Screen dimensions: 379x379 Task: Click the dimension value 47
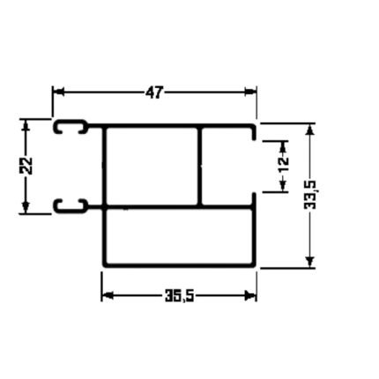pyautogui.click(x=153, y=93)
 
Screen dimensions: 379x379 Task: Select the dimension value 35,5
pyautogui.click(x=180, y=295)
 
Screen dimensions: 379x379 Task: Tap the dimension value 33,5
pyautogui.click(x=310, y=195)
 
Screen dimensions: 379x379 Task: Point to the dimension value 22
pyautogui.click(x=26, y=166)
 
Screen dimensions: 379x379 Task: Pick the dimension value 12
pyautogui.click(x=284, y=165)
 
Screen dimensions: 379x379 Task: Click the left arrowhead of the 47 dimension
pyautogui.click(x=59, y=92)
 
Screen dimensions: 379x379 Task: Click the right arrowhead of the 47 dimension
pyautogui.click(x=250, y=92)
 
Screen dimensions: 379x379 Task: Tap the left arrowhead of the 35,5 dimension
pyautogui.click(x=108, y=295)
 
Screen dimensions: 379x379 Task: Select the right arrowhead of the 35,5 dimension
pyautogui.click(x=250, y=295)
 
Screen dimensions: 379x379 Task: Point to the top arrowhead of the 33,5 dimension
pyautogui.click(x=310, y=130)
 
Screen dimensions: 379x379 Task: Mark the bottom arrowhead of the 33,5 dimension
pyautogui.click(x=310, y=262)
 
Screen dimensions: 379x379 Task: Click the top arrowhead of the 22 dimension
pyautogui.click(x=26, y=125)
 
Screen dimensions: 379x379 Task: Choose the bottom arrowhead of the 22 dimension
pyautogui.click(x=26, y=207)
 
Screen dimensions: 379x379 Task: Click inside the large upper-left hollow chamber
pyautogui.click(x=152, y=166)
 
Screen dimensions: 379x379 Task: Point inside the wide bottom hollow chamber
pyautogui.click(x=179, y=236)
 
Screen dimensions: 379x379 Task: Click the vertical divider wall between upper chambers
pyautogui.click(x=200, y=166)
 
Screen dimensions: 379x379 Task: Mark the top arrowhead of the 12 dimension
pyautogui.click(x=283, y=146)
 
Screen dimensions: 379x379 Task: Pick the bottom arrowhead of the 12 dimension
pyautogui.click(x=283, y=186)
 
